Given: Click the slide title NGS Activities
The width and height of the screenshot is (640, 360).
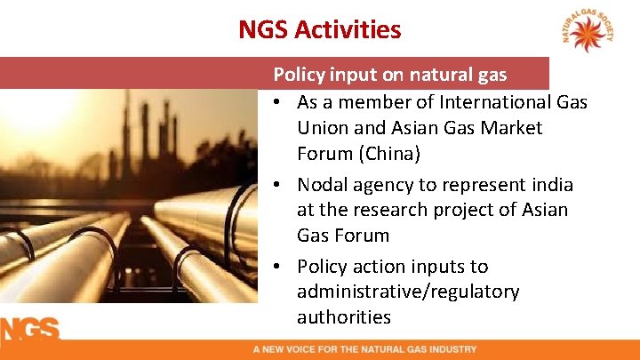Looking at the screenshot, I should click(x=319, y=29).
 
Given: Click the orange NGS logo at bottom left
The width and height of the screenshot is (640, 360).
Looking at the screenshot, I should click(x=29, y=329).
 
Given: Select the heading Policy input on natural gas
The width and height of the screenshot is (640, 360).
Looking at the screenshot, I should click(x=403, y=75).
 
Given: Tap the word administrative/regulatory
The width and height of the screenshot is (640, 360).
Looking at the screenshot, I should click(x=408, y=292).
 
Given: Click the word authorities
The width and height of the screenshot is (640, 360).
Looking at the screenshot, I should click(x=344, y=317).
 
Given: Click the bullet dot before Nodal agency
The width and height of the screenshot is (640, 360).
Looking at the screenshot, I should click(x=278, y=185).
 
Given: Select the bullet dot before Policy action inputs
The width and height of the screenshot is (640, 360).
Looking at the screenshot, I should click(x=278, y=267).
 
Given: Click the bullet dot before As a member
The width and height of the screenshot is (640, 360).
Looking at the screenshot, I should click(x=278, y=102).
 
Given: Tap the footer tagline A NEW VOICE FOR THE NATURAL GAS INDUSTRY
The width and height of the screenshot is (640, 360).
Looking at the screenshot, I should click(x=364, y=349).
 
